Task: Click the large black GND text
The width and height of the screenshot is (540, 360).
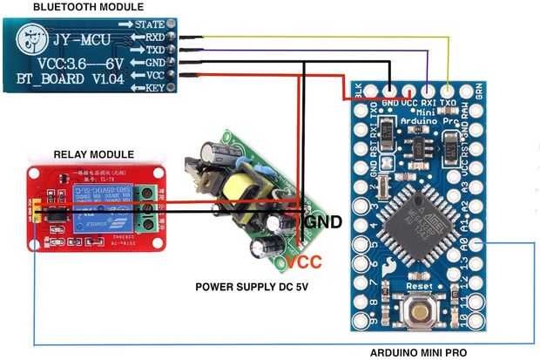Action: tap(321, 221)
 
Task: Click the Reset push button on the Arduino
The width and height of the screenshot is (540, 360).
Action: tap(422, 312)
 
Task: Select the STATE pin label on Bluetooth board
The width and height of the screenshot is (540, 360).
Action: tap(151, 24)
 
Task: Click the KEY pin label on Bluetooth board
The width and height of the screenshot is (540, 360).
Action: tap(155, 88)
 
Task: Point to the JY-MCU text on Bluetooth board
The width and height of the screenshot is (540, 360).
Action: tap(80, 40)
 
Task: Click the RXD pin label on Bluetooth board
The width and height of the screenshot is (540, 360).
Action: tap(153, 37)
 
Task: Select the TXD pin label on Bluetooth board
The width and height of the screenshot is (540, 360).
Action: tap(153, 51)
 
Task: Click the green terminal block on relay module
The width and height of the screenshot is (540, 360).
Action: tap(149, 208)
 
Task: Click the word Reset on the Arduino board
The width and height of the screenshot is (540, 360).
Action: tap(421, 286)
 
